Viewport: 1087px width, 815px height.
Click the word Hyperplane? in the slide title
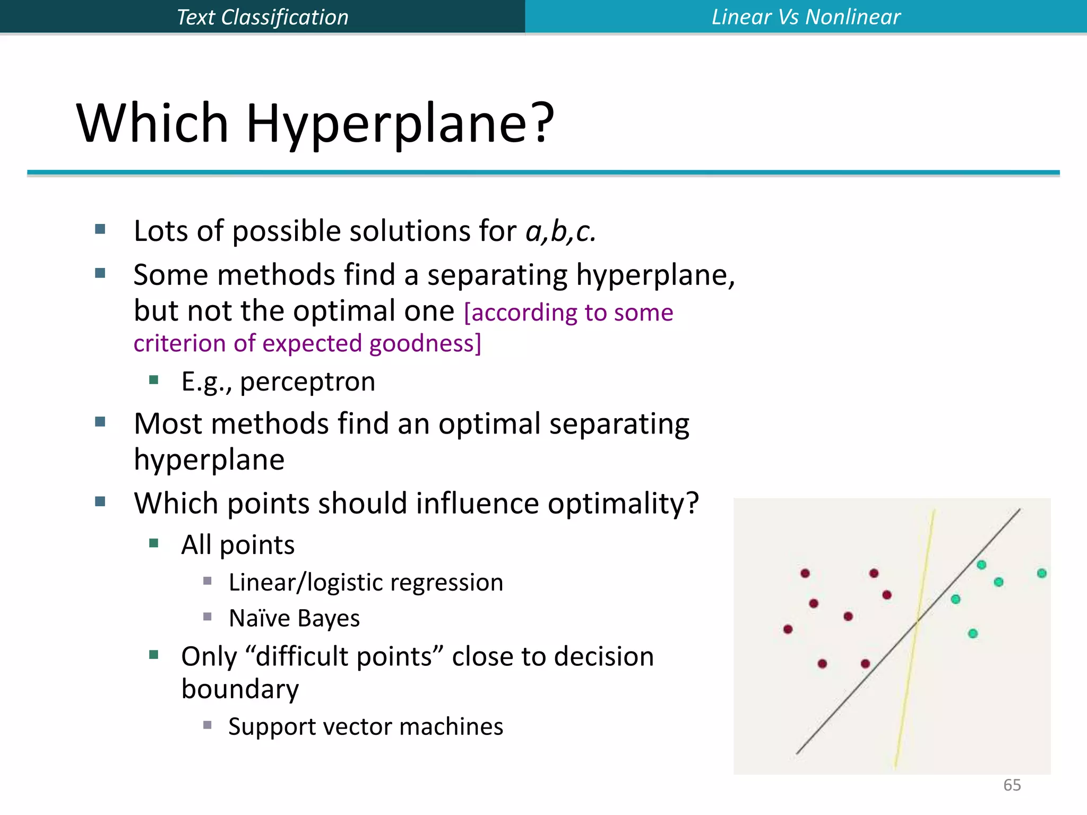400,124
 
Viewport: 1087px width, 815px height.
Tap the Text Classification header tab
262,17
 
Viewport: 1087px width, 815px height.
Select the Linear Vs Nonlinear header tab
806,17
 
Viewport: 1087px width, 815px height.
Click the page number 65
1012,785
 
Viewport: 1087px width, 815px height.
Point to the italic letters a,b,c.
560,232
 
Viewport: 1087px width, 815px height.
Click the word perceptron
307,382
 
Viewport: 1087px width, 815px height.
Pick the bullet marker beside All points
154,543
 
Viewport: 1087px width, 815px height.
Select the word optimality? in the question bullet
623,504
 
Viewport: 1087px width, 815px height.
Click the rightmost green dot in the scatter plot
1041,573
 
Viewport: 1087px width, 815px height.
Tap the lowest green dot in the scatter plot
972,634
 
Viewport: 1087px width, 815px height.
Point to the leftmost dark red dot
788,629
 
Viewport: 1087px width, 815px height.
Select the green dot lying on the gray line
981,565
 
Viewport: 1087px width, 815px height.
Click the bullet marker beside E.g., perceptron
154,379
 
